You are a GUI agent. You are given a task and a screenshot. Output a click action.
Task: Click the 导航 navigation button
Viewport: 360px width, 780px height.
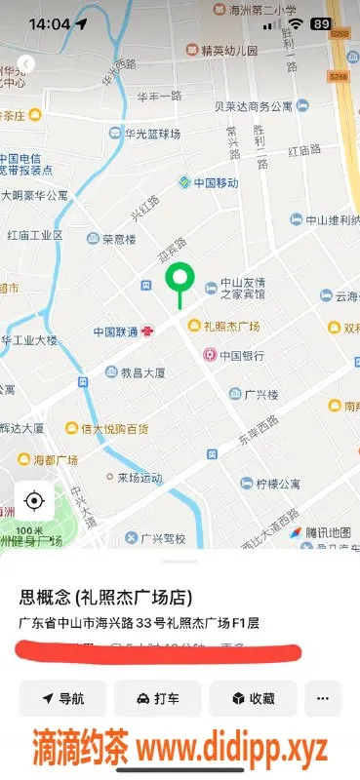[x=62, y=698]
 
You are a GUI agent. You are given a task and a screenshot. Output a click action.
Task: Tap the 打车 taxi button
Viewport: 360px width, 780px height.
[x=157, y=698]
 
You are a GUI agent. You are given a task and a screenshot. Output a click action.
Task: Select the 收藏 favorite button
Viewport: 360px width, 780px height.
[x=252, y=698]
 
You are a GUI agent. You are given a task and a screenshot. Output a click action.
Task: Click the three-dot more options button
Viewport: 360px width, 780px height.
[x=323, y=698]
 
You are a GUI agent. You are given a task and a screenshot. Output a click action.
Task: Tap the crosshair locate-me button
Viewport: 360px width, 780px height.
[x=34, y=501]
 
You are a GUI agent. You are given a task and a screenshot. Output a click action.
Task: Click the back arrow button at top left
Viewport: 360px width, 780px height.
[x=25, y=64]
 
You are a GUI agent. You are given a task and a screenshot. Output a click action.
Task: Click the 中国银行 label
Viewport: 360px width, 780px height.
[x=237, y=356]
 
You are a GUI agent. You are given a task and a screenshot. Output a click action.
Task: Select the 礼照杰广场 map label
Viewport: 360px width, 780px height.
[x=229, y=326]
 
